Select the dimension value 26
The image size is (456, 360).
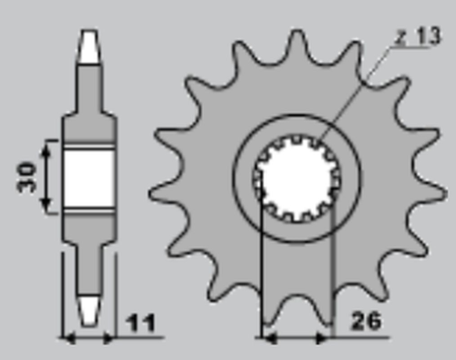(x=369, y=322)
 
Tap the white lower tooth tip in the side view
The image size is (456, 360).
(x=88, y=309)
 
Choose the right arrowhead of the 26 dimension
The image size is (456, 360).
(x=327, y=336)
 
